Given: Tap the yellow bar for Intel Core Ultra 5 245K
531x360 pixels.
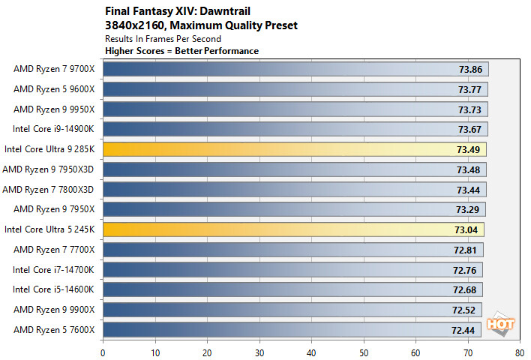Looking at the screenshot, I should point(292,229).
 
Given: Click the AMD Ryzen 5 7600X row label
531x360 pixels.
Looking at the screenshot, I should point(54,329).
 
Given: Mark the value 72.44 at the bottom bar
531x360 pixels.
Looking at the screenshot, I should point(463,329).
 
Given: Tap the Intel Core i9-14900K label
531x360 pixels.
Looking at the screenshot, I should point(54,129).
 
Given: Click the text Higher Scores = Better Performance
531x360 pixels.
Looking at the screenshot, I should point(181,51).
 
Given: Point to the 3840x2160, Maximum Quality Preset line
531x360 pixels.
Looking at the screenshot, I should point(201,25).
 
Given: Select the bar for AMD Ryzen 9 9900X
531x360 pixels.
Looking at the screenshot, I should point(292,309).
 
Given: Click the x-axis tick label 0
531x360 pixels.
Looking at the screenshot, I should point(103,349).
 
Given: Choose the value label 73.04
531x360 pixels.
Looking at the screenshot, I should point(466,229).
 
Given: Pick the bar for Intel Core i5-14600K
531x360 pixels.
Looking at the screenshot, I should point(292,289).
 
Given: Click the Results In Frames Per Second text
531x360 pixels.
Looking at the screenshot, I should point(163,39).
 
